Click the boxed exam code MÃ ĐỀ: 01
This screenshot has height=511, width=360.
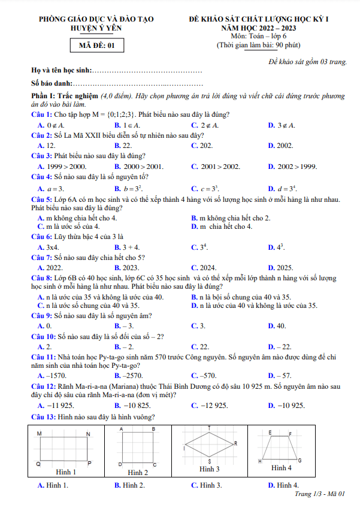(x=96, y=45)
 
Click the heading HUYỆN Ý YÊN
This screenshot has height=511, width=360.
(x=96, y=28)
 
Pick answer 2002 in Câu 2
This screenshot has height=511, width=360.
(x=285, y=146)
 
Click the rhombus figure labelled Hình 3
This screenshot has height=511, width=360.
(x=209, y=445)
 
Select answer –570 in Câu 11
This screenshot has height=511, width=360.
(x=207, y=376)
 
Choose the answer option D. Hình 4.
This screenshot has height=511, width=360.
(x=284, y=485)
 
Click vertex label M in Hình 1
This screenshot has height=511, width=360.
(x=40, y=433)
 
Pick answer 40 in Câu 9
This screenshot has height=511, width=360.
(x=281, y=326)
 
